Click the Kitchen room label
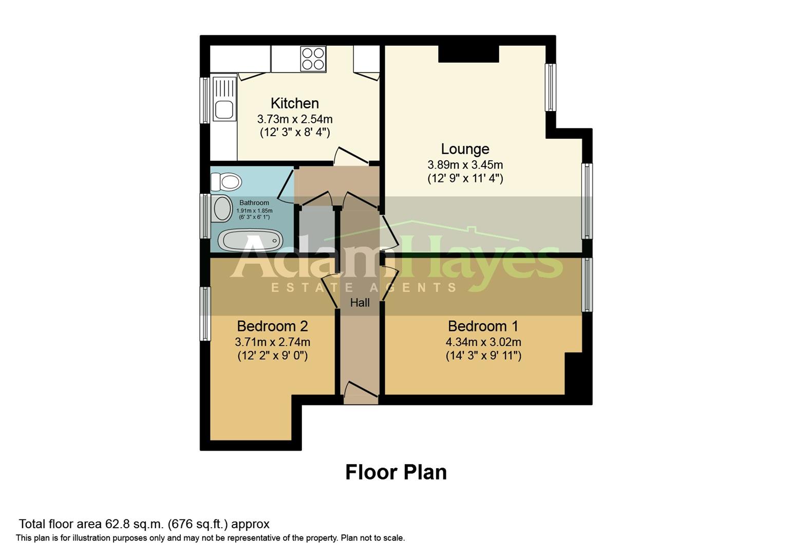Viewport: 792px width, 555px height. click(294, 103)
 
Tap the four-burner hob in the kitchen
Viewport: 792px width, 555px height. click(313, 59)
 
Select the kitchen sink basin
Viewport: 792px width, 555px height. click(224, 109)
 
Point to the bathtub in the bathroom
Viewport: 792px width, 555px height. click(250, 240)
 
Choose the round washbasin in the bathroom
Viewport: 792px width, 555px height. click(222, 209)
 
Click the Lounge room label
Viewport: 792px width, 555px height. click(465, 149)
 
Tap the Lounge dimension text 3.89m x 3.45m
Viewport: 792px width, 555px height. click(465, 165)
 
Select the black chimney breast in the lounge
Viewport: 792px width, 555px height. click(468, 54)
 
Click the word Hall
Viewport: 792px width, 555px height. click(360, 303)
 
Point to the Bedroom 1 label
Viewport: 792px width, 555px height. click(483, 326)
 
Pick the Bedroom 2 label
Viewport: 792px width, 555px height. click(272, 326)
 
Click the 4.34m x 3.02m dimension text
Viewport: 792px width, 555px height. click(483, 342)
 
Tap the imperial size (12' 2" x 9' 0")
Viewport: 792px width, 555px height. click(272, 356)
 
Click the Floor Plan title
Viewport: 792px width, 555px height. click(395, 472)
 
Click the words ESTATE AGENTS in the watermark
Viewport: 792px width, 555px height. click(364, 288)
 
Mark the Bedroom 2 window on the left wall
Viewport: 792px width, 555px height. click(205, 313)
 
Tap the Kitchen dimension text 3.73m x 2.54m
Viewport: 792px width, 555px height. click(294, 119)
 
